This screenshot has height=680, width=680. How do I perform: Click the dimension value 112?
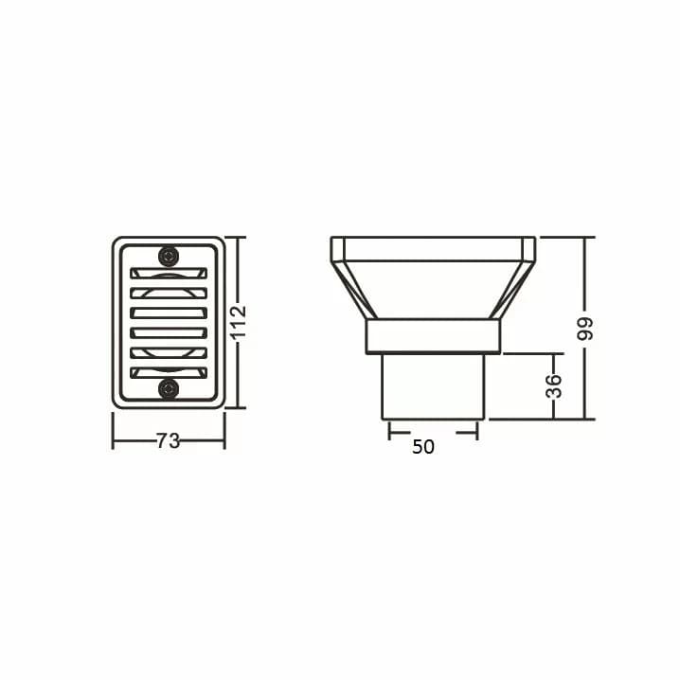tap(239, 322)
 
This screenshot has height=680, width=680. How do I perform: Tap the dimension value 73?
tap(168, 441)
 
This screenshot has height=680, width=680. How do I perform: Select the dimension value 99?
tap(585, 329)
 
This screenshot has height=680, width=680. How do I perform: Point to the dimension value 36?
tap(554, 386)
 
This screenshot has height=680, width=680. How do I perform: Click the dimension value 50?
tap(422, 447)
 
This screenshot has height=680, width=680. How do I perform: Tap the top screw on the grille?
tap(169, 257)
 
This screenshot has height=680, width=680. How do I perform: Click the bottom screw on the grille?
tap(169, 388)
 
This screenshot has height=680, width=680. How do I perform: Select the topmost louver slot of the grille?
tap(169, 273)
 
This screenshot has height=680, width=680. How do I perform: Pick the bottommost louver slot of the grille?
tap(169, 372)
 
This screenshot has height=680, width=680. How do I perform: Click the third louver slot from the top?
tap(169, 313)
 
